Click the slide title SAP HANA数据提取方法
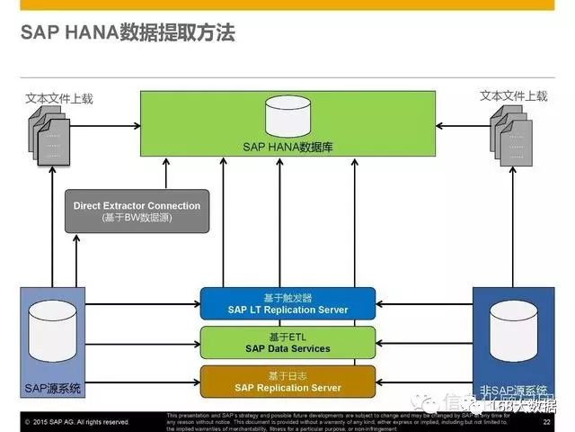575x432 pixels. pos(128,34)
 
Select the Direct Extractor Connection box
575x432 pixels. pos(137,211)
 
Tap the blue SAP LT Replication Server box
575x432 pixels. pos(287,303)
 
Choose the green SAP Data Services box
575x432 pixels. pos(287,343)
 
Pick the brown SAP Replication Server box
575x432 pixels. pos(287,382)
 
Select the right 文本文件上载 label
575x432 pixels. pos(513,96)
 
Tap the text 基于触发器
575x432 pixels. pos(287,297)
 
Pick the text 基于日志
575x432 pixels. pos(287,375)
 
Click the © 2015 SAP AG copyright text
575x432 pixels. pos(77,421)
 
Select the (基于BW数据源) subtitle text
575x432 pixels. pos(137,218)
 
